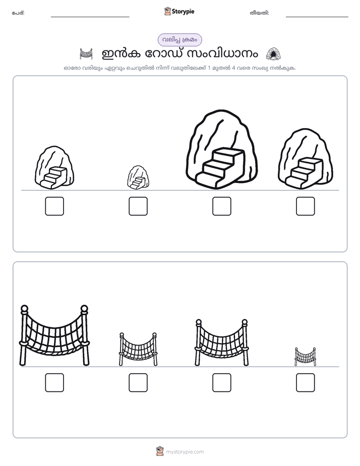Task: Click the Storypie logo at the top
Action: [179, 12]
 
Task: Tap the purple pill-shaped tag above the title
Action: [179, 40]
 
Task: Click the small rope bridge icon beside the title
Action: [86, 54]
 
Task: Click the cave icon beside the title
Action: [273, 54]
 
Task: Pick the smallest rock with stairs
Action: [138, 178]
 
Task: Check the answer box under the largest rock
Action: [221, 206]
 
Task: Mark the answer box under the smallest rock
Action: [138, 206]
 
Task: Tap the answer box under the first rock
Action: [54, 206]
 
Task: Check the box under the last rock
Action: [306, 206]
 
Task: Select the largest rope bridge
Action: [54, 335]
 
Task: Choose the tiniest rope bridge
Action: [306, 357]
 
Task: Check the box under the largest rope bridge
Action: [54, 382]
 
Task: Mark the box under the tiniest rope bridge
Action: [306, 382]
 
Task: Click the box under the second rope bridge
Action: [138, 382]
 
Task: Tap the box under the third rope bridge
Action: [221, 382]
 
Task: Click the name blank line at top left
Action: [90, 17]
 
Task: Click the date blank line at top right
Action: [317, 17]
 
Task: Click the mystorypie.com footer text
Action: [185, 452]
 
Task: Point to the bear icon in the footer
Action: [160, 451]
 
